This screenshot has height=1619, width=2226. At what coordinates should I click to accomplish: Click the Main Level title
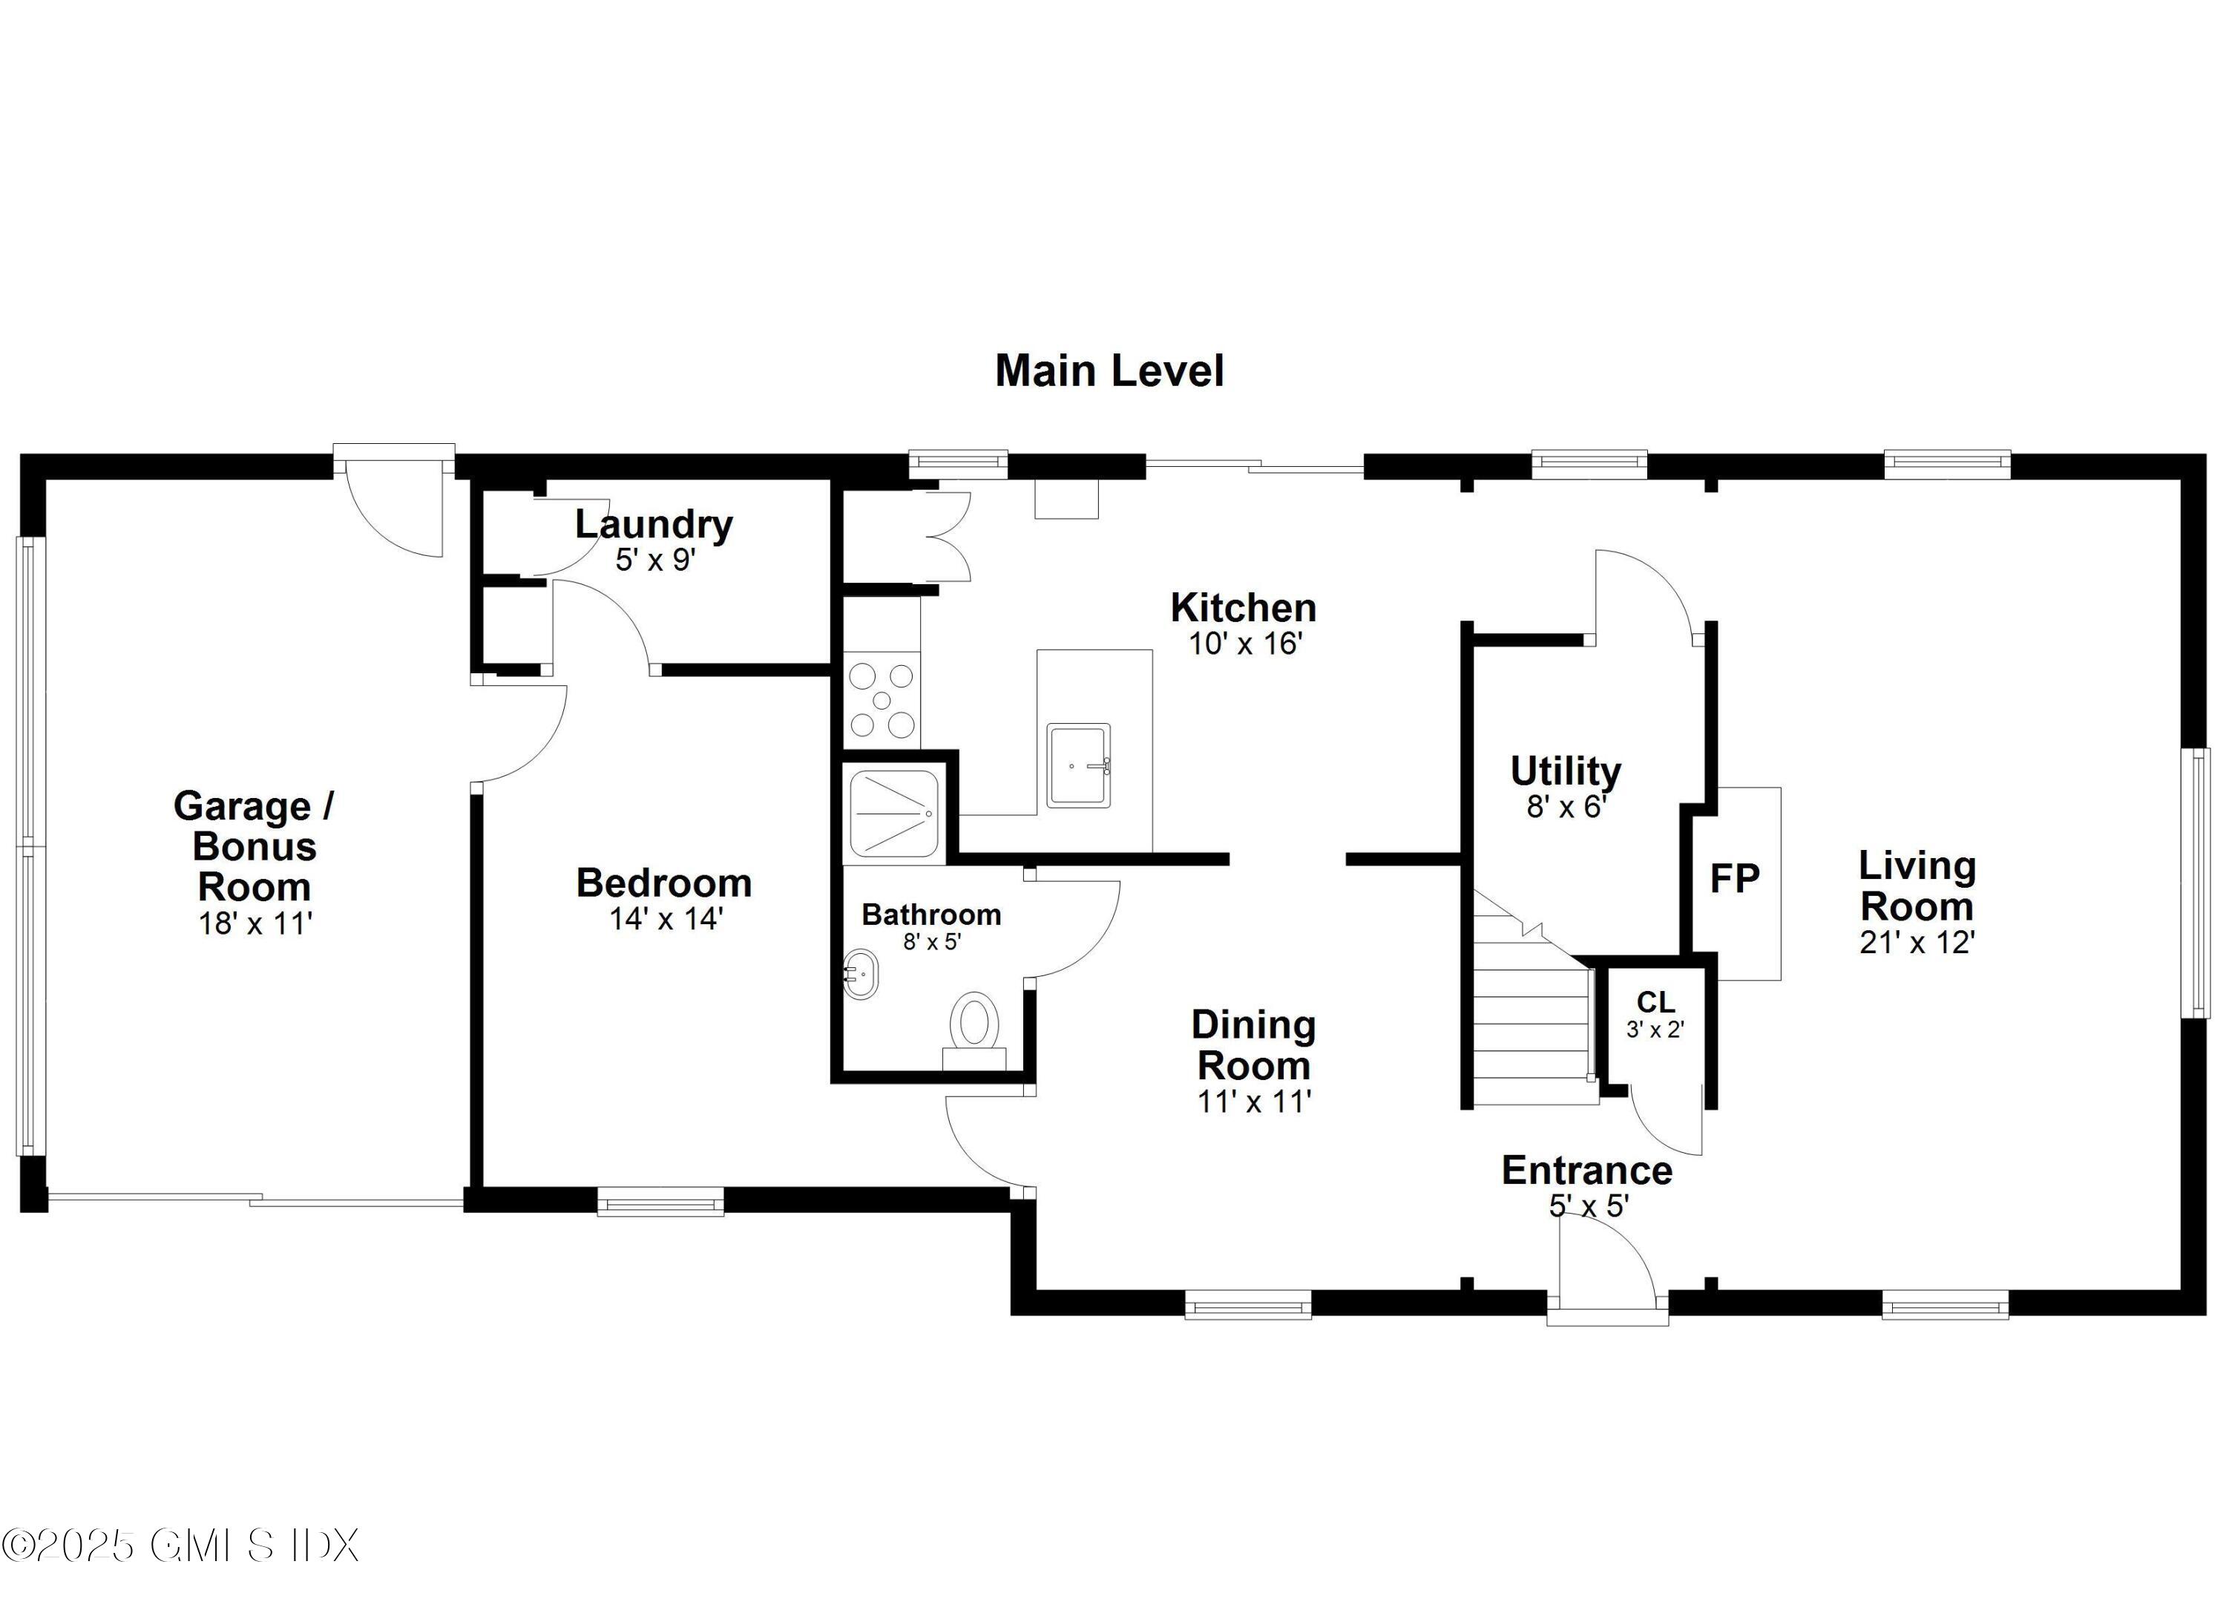[1109, 371]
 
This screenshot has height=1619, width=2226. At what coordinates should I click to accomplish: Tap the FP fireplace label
[1734, 879]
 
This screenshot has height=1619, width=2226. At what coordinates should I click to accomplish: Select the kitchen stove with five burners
[881, 701]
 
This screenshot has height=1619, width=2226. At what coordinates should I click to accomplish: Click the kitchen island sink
[1077, 766]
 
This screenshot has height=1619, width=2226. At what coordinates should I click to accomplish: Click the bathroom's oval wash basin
[861, 974]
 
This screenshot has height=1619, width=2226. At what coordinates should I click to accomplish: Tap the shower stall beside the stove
[894, 812]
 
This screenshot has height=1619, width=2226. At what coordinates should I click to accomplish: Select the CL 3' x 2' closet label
[1655, 1014]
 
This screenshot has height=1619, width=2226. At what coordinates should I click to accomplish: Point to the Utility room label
[1566, 772]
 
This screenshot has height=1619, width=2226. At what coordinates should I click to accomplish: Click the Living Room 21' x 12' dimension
[1916, 943]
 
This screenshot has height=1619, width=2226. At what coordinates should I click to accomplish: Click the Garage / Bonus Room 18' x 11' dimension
[255, 924]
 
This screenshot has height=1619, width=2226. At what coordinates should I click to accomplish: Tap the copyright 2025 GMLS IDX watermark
[180, 1546]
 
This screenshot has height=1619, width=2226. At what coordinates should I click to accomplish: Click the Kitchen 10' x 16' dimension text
[1244, 644]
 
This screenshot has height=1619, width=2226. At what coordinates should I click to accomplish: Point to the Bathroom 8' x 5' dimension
[931, 941]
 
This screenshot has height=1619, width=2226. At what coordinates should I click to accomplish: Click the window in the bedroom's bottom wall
[660, 1202]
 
